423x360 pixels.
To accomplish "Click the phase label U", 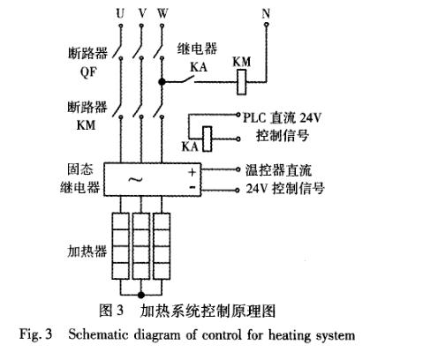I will click(119, 14).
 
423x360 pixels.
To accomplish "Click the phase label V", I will click(140, 14).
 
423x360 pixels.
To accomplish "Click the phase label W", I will click(162, 14).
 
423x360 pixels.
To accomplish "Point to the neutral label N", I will click(266, 14).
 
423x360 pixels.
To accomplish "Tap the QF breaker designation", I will click(88, 72).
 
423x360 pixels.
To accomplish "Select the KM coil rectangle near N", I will click(239, 82).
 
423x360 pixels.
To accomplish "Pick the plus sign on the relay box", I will click(193, 170).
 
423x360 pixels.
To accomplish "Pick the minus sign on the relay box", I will click(193, 187).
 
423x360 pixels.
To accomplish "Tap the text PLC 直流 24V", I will click(283, 116).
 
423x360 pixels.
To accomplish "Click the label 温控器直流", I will click(280, 169).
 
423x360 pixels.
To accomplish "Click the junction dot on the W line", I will click(162, 82).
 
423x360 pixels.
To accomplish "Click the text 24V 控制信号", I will click(284, 188).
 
